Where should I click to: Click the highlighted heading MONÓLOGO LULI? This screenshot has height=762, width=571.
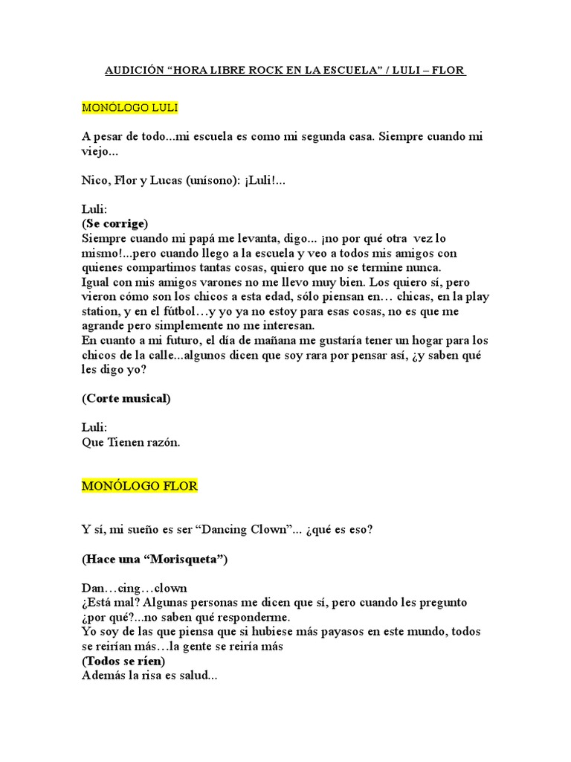click(x=129, y=107)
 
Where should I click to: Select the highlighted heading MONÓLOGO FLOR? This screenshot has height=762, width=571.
click(x=139, y=486)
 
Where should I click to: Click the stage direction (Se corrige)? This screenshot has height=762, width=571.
click(x=115, y=223)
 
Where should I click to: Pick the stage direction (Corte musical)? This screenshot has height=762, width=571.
click(x=126, y=398)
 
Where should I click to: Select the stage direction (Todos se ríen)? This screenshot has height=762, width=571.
click(x=123, y=660)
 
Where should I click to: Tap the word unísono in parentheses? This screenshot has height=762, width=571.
click(x=212, y=180)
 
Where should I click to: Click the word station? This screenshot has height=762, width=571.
click(x=100, y=311)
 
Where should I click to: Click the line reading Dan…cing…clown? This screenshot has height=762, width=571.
click(x=135, y=588)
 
